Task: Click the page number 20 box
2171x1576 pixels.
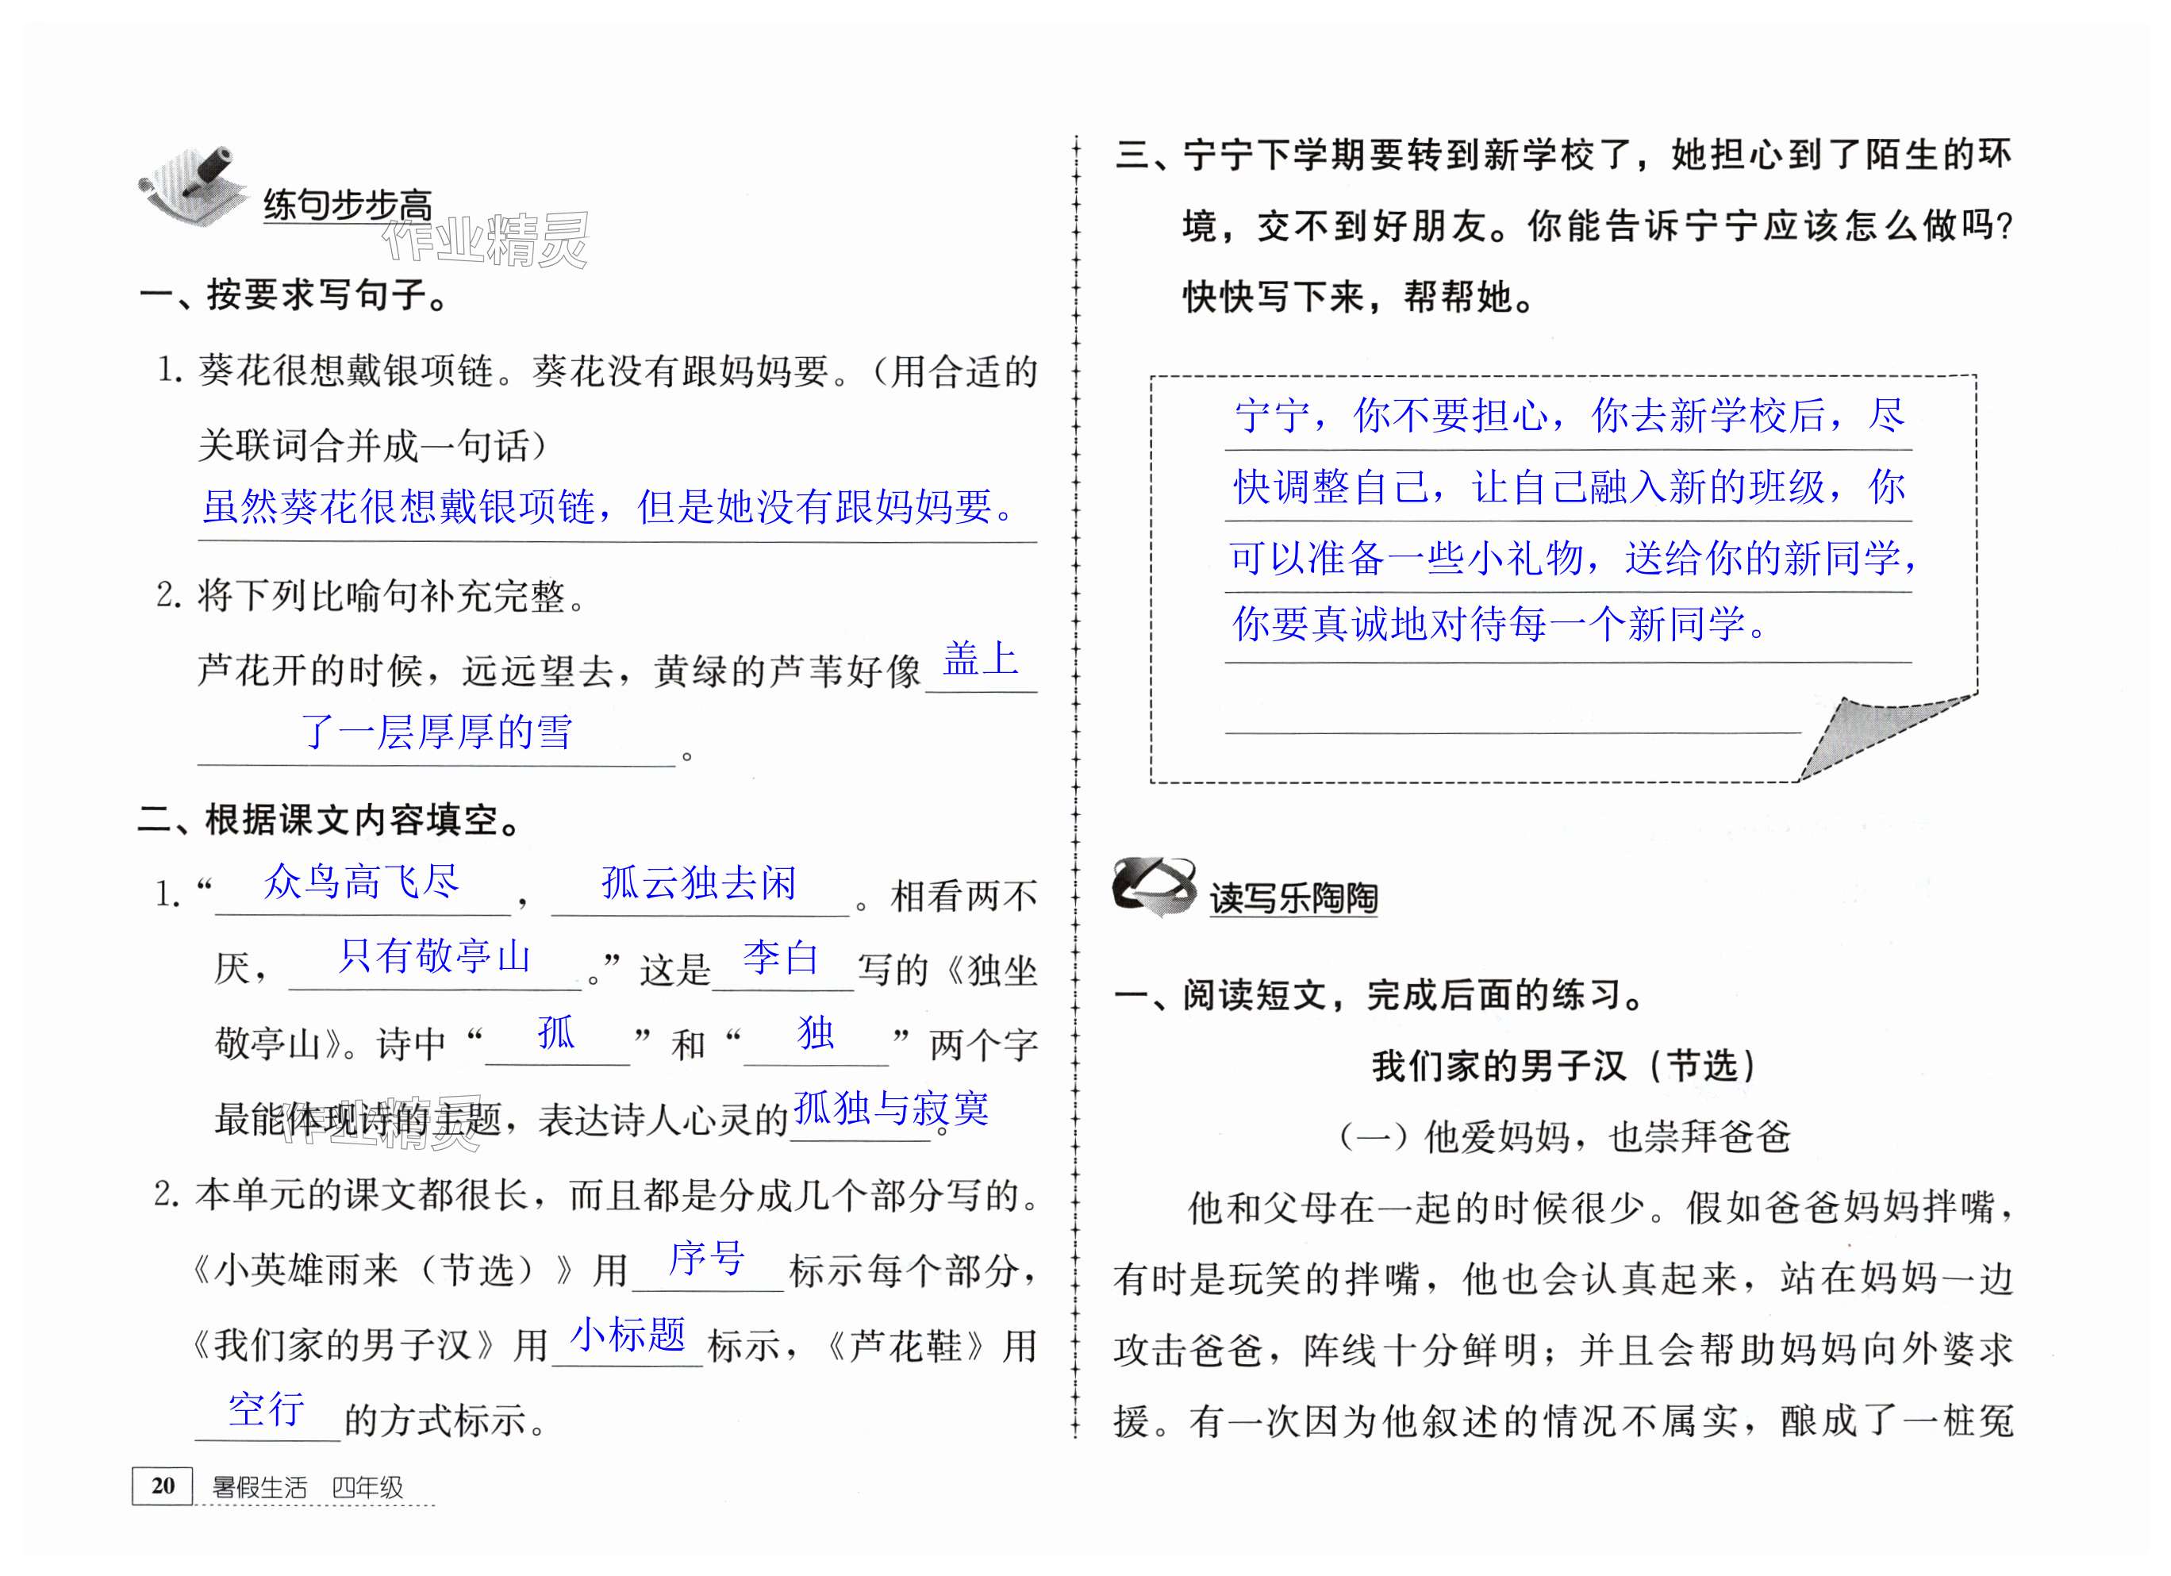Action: point(162,1485)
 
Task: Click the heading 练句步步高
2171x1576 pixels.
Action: point(348,206)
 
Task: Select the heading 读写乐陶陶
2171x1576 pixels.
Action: point(1293,898)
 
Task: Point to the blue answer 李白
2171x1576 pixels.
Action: point(781,958)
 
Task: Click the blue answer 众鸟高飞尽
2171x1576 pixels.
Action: point(361,882)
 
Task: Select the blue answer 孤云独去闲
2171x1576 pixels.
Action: point(699,882)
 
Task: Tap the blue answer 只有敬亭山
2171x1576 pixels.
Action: point(433,955)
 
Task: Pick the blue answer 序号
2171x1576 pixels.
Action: point(706,1258)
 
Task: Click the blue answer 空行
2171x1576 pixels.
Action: point(266,1409)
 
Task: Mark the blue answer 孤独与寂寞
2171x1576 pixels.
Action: point(891,1108)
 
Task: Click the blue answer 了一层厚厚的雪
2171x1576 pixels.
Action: point(436,732)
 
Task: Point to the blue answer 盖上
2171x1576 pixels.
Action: point(980,658)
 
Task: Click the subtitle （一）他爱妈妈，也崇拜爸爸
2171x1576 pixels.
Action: point(1563,1136)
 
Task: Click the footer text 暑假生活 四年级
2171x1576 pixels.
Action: point(307,1487)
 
